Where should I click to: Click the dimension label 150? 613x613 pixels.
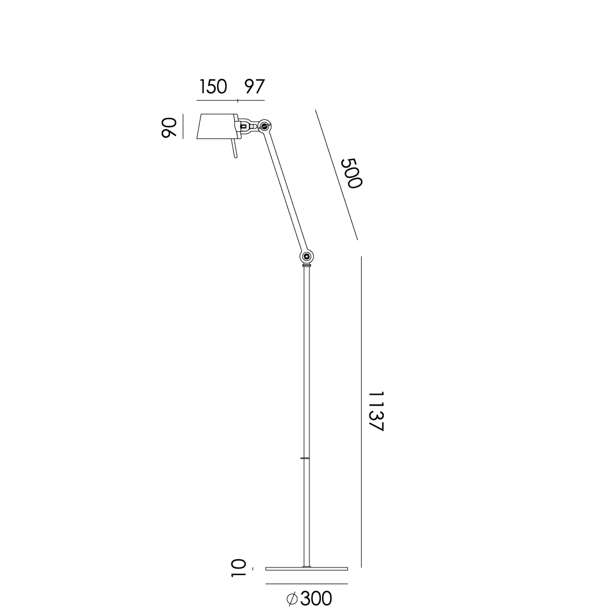214,87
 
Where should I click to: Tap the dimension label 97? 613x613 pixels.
253,87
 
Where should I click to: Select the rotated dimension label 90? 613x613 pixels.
168,127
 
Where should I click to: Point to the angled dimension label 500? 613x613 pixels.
351,173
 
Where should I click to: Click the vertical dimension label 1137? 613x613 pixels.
375,411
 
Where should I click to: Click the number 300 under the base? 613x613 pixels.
316,599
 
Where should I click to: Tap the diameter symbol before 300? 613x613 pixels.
292,599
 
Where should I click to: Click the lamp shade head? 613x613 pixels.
217,126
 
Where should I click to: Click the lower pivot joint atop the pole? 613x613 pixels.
306,256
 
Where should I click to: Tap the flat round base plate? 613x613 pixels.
306,569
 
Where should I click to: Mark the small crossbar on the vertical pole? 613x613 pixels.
306,458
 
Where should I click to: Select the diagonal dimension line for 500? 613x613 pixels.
336,175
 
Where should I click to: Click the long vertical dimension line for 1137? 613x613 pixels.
361,411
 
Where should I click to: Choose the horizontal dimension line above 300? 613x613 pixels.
306,584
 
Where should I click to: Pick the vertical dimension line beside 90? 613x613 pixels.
183,127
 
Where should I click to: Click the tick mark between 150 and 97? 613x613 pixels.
237,102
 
